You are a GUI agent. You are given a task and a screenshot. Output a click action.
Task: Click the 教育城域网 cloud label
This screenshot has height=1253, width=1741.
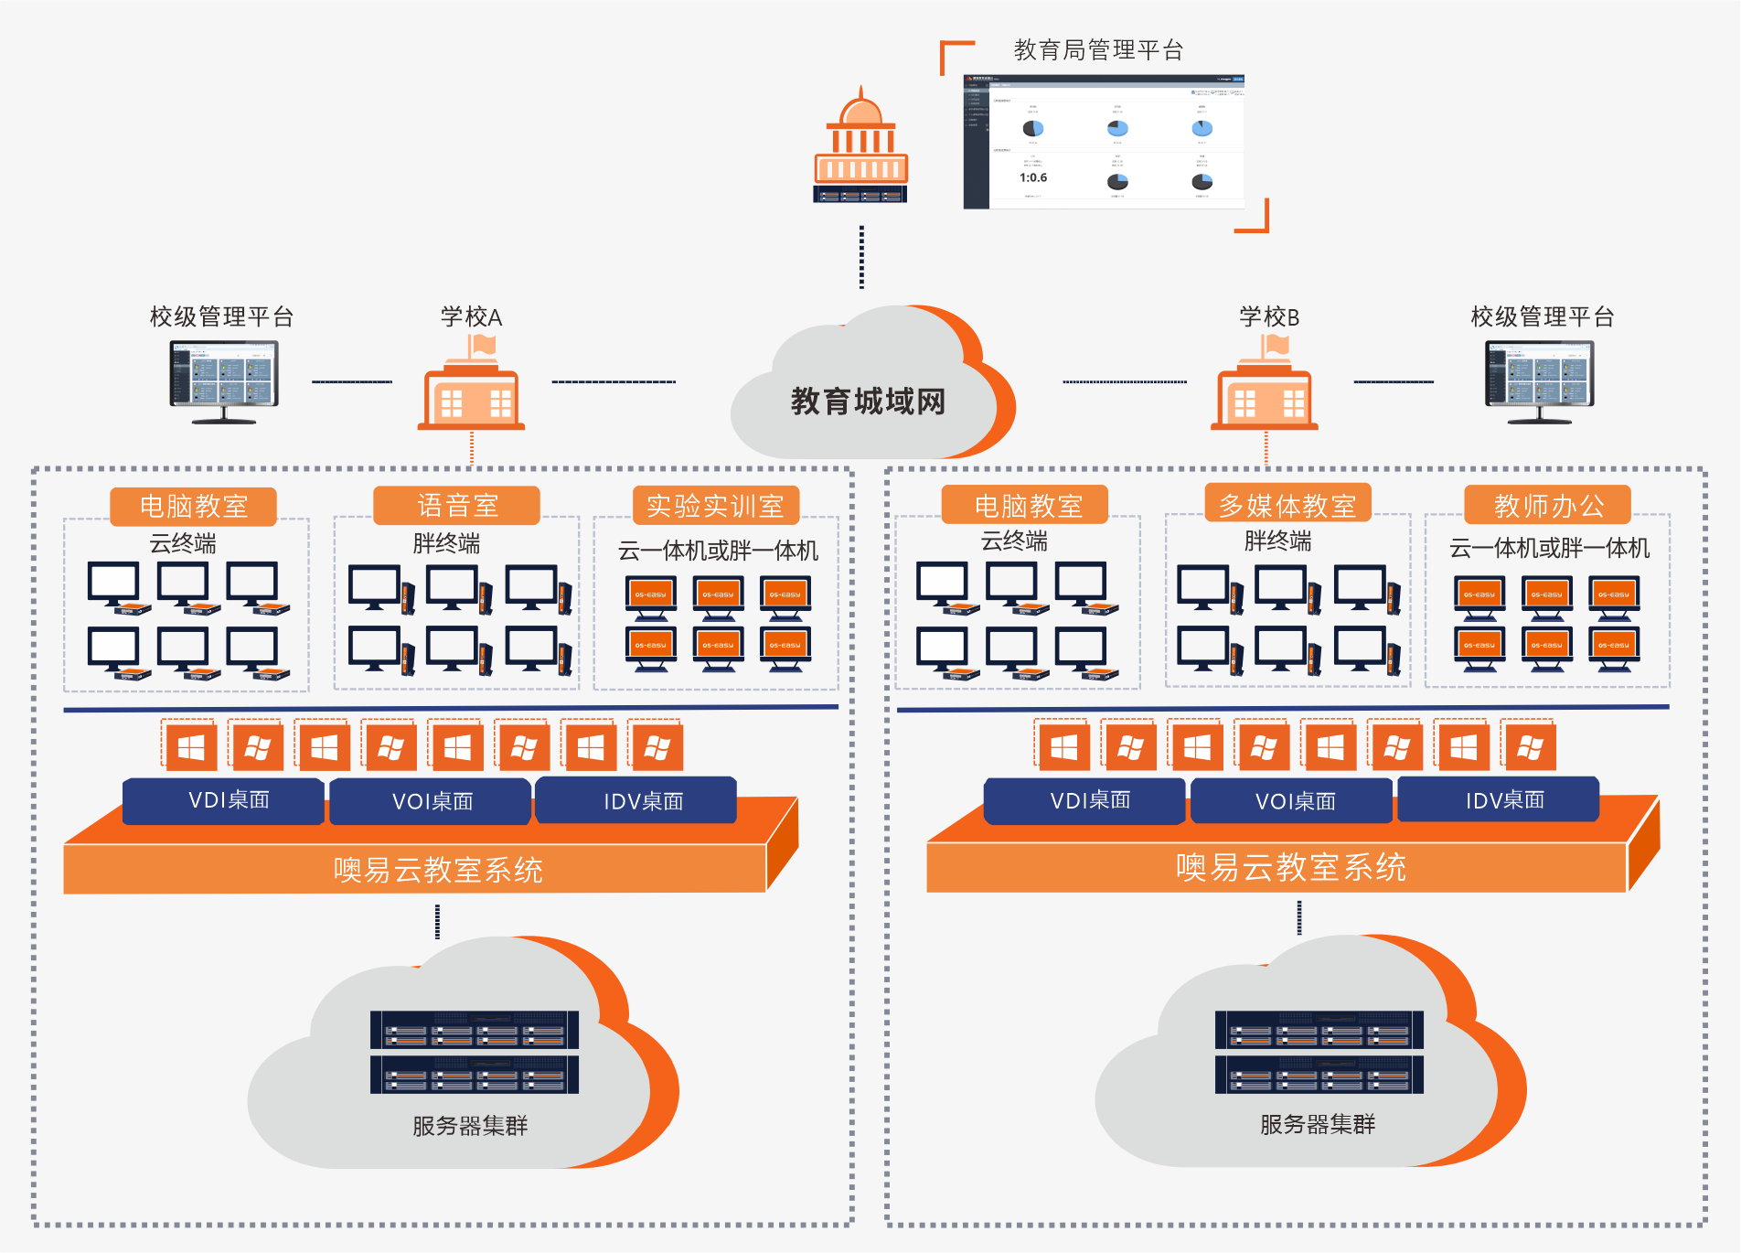tap(868, 402)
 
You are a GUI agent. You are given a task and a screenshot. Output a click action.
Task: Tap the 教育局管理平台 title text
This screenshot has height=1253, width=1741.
tap(1098, 50)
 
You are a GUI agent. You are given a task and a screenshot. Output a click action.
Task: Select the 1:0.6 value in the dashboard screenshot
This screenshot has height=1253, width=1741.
tap(1033, 177)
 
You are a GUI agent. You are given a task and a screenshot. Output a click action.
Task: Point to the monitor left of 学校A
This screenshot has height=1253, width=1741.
tap(224, 380)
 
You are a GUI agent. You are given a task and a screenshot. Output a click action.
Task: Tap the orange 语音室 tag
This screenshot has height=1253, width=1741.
tap(457, 506)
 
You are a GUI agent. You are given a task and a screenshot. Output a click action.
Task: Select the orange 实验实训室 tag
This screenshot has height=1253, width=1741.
tap(715, 506)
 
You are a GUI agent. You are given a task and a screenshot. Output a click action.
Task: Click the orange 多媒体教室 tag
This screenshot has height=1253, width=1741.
tap(1287, 504)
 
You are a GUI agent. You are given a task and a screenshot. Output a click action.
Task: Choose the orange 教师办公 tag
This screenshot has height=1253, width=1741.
tap(1547, 505)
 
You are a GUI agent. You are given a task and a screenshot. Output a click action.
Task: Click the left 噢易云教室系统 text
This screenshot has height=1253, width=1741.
tap(438, 870)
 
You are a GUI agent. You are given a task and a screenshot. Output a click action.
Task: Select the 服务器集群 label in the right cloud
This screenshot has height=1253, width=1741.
tap(1317, 1124)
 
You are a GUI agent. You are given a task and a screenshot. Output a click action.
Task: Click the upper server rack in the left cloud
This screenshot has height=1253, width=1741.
tap(474, 1030)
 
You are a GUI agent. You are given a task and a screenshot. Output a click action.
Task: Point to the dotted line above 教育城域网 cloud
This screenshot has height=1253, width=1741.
tap(861, 257)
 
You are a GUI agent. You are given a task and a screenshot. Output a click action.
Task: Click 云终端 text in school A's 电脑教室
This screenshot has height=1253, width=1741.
tap(183, 544)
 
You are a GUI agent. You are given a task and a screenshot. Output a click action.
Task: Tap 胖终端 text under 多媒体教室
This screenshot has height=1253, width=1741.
tap(1277, 541)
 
